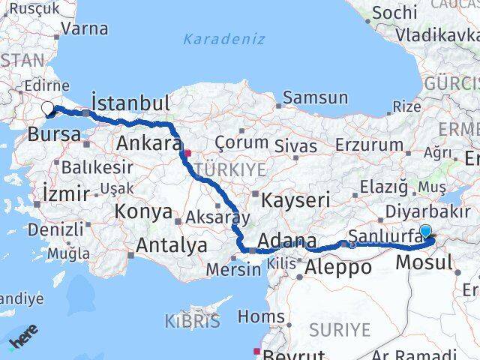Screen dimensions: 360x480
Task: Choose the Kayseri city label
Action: [x=295, y=199]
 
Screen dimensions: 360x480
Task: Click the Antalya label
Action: [x=172, y=244]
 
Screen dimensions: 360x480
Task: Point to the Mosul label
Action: [x=423, y=262]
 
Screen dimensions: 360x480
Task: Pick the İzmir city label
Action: [x=66, y=193]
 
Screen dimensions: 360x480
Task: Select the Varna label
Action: [x=84, y=29]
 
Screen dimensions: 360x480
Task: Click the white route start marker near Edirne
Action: [x=48, y=109]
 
